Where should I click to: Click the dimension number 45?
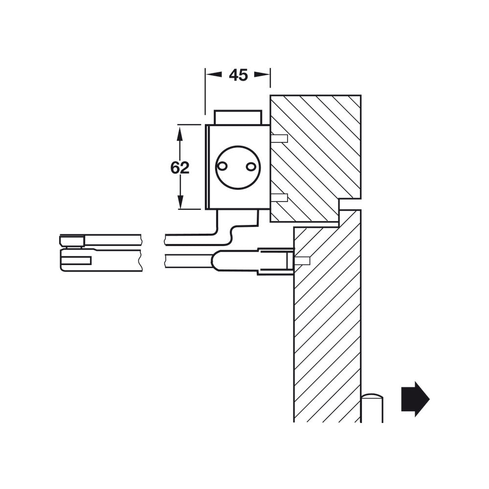pyautogui.click(x=238, y=75)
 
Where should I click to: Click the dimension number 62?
pyautogui.click(x=179, y=168)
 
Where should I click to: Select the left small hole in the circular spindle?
pyautogui.click(x=222, y=166)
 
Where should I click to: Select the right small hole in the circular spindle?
pyautogui.click(x=251, y=167)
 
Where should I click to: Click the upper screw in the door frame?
pyautogui.click(x=279, y=138)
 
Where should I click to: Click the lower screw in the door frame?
pyautogui.click(x=279, y=198)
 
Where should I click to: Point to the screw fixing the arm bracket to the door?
pyautogui.click(x=302, y=261)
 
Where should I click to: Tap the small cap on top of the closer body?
pyautogui.click(x=238, y=117)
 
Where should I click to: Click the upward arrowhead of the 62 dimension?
pyautogui.click(x=180, y=132)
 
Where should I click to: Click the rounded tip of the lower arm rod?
pyautogui.click(x=217, y=260)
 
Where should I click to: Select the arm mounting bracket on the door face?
pyautogui.click(x=275, y=261)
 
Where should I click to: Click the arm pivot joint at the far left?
pyautogui.click(x=72, y=241)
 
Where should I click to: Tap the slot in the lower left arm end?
pyautogui.click(x=76, y=261)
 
